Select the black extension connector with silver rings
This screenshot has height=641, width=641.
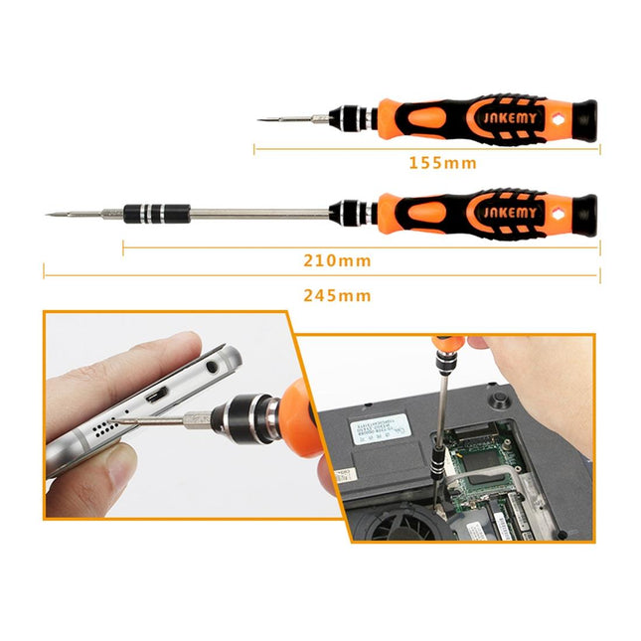pyautogui.click(x=154, y=213)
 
